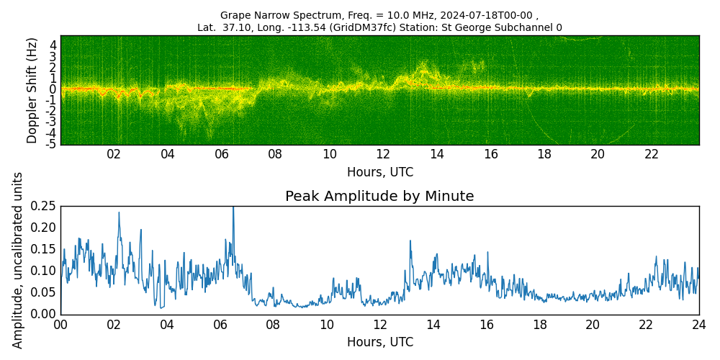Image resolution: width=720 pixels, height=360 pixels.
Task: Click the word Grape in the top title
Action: click(x=233, y=15)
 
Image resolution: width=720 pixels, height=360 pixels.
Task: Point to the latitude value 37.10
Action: click(x=235, y=27)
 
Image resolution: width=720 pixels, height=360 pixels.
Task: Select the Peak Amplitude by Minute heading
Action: click(x=379, y=196)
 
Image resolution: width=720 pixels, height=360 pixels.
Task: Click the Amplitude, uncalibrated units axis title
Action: click(x=17, y=261)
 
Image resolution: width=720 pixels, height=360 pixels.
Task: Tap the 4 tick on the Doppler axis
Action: click(x=54, y=45)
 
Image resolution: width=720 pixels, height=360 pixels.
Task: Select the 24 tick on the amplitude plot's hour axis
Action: click(x=699, y=325)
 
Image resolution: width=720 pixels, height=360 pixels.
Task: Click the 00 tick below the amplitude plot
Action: click(x=61, y=325)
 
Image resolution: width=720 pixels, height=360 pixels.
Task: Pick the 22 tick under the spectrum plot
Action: click(x=652, y=156)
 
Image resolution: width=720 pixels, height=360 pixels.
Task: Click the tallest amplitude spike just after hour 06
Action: click(x=233, y=207)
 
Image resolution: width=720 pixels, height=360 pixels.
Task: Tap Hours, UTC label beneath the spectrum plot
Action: click(x=380, y=172)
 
